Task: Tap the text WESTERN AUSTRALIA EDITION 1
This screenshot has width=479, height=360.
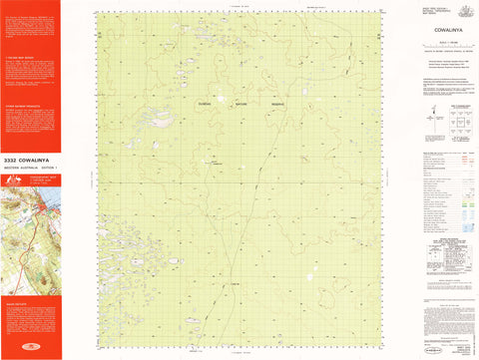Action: pos(30,166)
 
